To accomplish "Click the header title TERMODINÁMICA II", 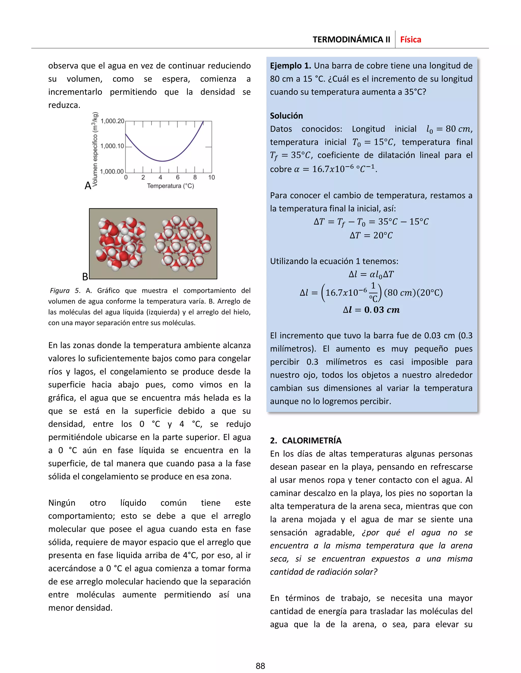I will (x=351, y=40).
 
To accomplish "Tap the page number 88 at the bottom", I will (x=260, y=666).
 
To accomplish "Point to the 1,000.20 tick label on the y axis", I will (x=112, y=121).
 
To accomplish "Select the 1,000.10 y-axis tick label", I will (x=112, y=146).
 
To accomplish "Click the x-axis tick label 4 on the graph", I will (x=160, y=178).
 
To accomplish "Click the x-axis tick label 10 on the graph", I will (x=211, y=178).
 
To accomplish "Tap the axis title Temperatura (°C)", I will (x=170, y=186).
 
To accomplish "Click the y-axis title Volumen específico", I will (x=95, y=149).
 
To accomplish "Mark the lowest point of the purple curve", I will (x=163, y=161).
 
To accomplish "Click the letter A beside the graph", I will (x=88, y=185).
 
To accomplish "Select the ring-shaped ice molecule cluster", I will (x=183, y=244).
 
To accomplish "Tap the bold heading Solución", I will (x=286, y=116).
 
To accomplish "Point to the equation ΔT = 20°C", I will (x=371, y=235).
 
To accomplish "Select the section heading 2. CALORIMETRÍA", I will (x=306, y=440).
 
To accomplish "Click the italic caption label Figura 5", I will (x=65, y=291).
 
